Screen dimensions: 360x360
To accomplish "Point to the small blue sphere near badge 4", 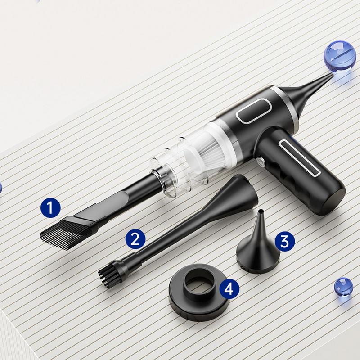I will coord(343,286).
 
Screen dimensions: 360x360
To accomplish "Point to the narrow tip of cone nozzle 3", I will coord(260,211).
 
